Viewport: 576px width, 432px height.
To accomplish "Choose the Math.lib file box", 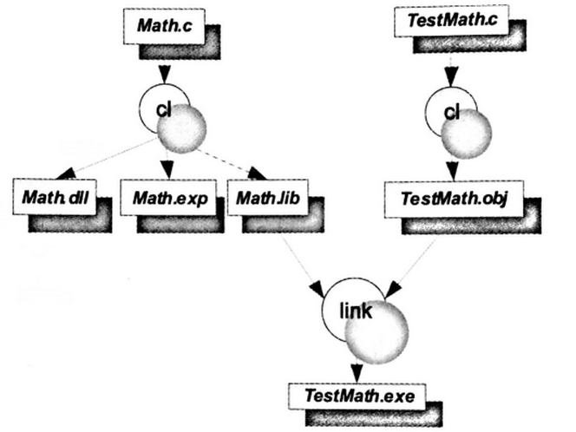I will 269,199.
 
